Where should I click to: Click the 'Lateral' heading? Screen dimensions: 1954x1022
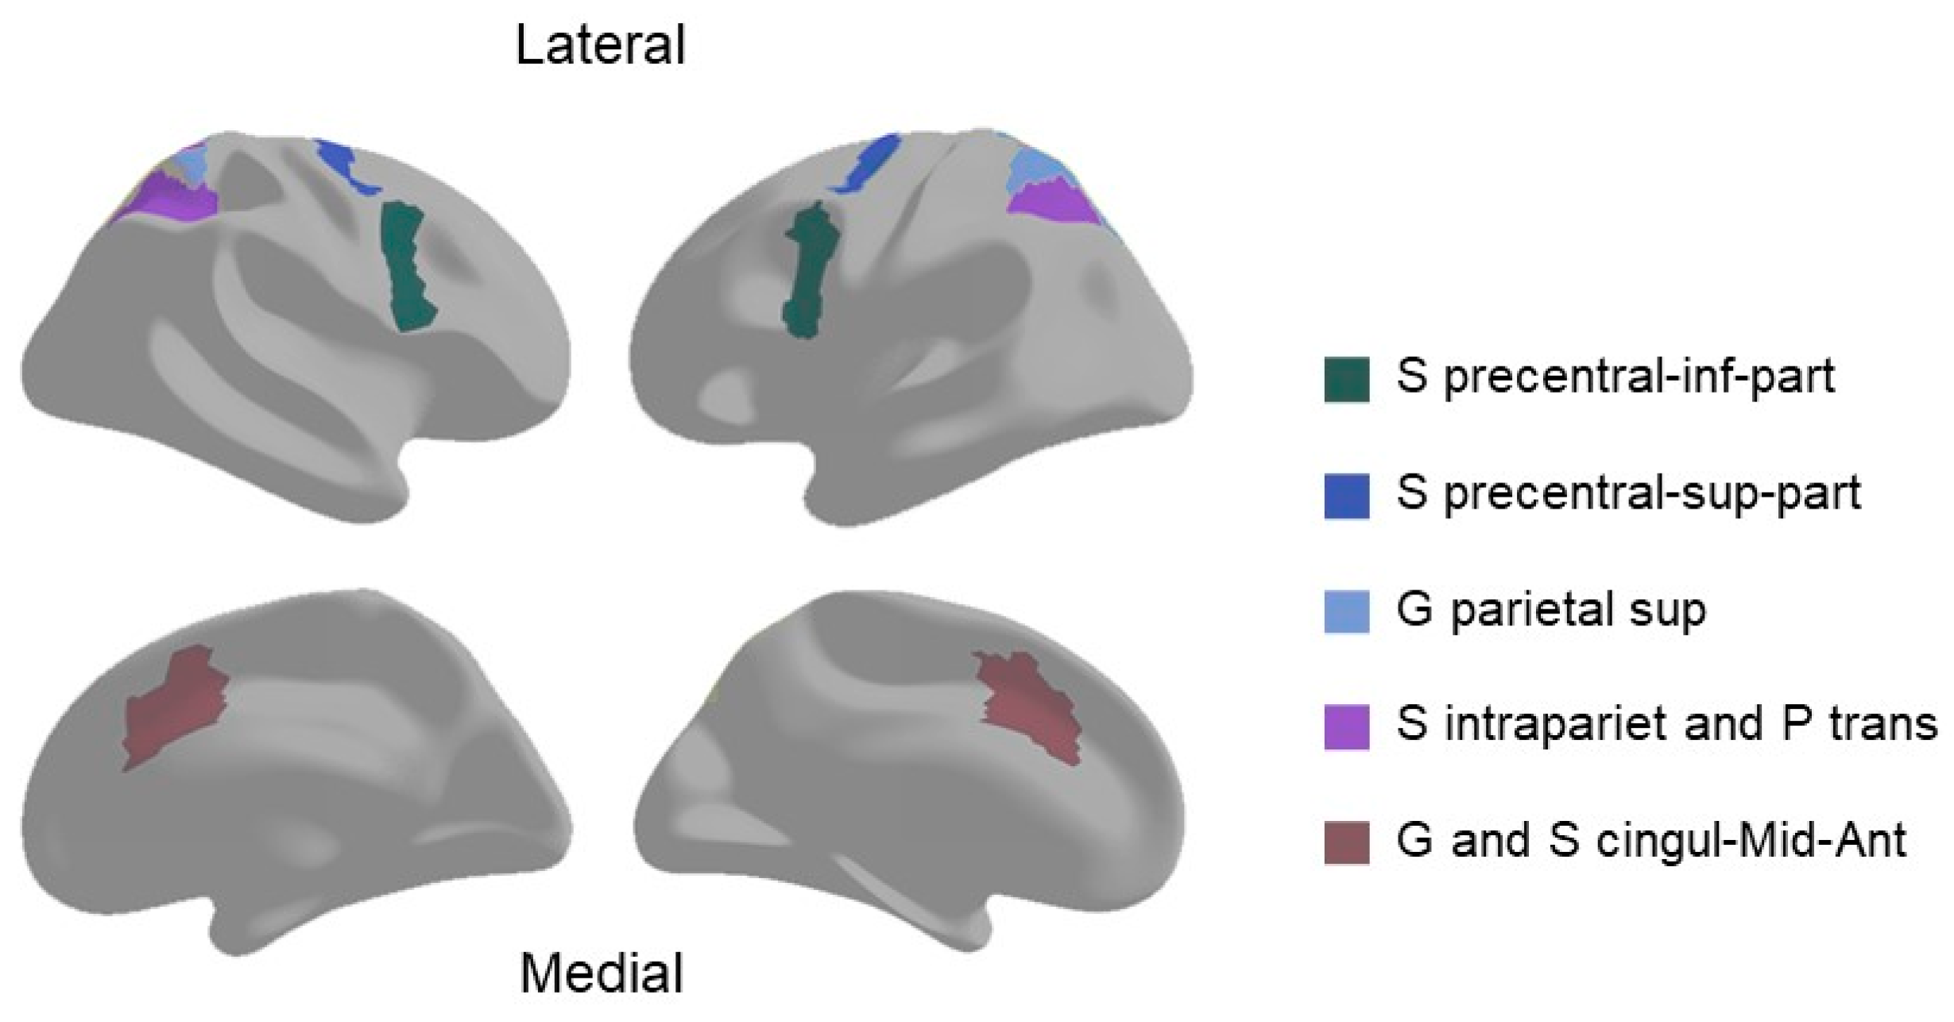click(600, 46)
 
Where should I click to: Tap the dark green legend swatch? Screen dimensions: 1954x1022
click(1346, 380)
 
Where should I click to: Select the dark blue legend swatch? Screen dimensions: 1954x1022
click(1346, 496)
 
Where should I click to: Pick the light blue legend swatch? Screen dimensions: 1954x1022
click(1346, 611)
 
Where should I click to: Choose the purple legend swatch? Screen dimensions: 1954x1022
click(1346, 726)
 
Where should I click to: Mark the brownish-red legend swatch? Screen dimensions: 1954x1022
click(1346, 842)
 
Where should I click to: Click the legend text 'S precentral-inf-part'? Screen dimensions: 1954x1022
click(1615, 377)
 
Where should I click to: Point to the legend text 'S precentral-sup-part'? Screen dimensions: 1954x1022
click(1628, 494)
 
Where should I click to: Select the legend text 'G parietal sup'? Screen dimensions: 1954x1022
click(1550, 610)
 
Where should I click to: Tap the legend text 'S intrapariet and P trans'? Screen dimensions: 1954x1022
click(1666, 725)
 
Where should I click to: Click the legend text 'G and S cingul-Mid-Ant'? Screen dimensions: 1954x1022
click(1651, 841)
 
